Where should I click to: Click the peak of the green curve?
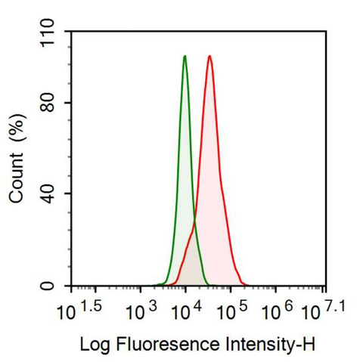coord(185,56)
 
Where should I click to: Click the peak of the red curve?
coord(209,56)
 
